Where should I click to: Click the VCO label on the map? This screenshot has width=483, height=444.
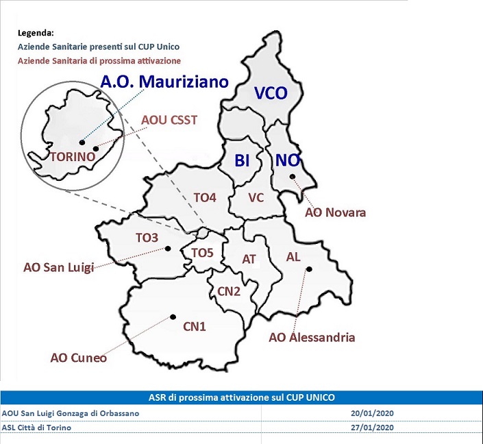click(x=271, y=92)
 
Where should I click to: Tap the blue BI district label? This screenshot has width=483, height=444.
click(x=242, y=160)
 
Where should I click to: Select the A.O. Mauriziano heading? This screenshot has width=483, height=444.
click(x=164, y=82)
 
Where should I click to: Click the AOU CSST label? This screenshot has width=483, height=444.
click(x=169, y=120)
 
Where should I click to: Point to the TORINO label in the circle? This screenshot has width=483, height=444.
click(x=73, y=156)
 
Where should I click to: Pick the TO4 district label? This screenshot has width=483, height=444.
click(x=205, y=197)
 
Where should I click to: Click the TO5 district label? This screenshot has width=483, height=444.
click(x=202, y=253)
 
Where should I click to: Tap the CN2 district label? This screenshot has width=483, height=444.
click(x=229, y=291)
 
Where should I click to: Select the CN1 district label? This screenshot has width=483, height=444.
click(x=195, y=326)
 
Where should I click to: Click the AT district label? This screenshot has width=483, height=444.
click(x=249, y=259)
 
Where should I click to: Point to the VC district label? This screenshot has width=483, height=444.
click(x=256, y=197)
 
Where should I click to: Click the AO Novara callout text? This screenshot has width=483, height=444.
click(x=336, y=212)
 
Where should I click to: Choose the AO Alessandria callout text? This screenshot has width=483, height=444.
click(x=312, y=337)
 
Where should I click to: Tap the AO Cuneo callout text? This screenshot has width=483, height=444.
click(x=79, y=358)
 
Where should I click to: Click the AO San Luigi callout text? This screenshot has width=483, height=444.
click(x=58, y=267)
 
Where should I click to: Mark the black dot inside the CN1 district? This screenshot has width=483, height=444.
click(x=173, y=317)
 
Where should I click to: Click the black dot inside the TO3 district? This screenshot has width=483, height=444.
click(x=168, y=248)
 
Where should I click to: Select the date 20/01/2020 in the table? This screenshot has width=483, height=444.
click(x=372, y=413)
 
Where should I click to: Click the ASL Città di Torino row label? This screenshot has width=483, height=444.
click(x=36, y=428)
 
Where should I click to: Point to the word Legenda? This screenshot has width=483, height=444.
click(x=36, y=33)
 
